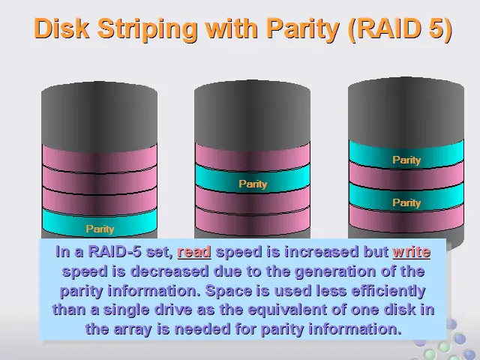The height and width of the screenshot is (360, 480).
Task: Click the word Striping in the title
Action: pyautogui.click(x=147, y=30)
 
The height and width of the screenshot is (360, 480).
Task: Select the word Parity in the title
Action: pyautogui.click(x=302, y=30)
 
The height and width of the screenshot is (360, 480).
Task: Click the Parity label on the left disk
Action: pyautogui.click(x=100, y=229)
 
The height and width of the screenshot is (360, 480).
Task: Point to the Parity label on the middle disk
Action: pyautogui.click(x=253, y=184)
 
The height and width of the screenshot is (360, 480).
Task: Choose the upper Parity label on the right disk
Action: pyautogui.click(x=406, y=160)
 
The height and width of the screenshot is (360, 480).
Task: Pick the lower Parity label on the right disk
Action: pyautogui.click(x=406, y=202)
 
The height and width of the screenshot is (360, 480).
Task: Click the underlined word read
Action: pyautogui.click(x=194, y=252)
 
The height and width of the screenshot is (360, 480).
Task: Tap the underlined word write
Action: pyautogui.click(x=412, y=252)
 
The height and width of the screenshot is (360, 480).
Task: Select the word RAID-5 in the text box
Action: pyautogui.click(x=115, y=252)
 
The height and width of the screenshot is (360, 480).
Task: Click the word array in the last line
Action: pyautogui.click(x=133, y=329)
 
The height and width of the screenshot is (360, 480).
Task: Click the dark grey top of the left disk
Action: pyautogui.click(x=100, y=116)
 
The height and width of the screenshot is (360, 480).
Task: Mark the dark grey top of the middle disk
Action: pyautogui.click(x=252, y=115)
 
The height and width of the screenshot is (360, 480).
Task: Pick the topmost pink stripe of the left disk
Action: pyautogui.click(x=100, y=159)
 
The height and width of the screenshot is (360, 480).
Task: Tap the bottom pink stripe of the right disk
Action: pyautogui.click(x=406, y=219)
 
